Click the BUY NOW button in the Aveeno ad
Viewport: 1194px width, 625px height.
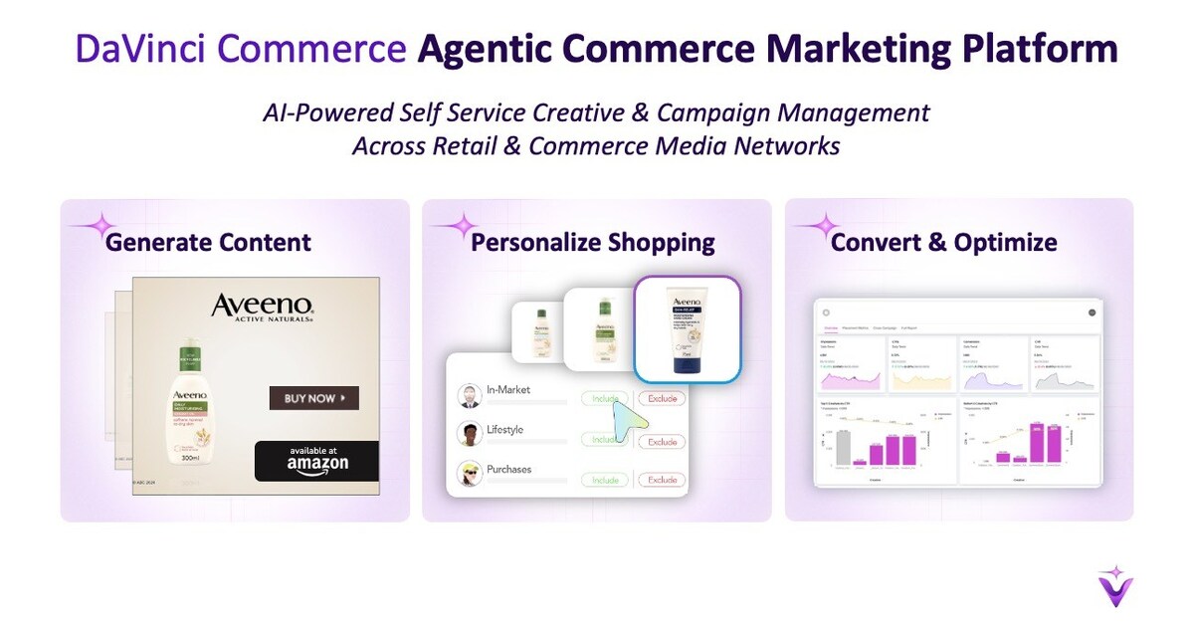click(x=313, y=398)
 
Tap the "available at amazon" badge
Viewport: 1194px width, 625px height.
click(x=316, y=460)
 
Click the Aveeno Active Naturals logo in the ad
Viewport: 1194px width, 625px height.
click(x=263, y=309)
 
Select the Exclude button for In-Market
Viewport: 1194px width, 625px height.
click(x=662, y=398)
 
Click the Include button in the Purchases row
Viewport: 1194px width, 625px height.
click(x=605, y=480)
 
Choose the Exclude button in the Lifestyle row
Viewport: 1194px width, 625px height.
click(x=662, y=441)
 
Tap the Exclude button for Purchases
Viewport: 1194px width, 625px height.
click(x=662, y=480)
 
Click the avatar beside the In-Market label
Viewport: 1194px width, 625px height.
click(x=470, y=396)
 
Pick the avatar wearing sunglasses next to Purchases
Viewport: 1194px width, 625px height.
click(x=470, y=474)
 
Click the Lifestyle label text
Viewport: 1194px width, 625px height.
click(x=504, y=430)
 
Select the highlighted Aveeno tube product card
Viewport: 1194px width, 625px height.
click(x=689, y=328)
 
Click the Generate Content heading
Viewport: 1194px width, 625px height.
click(x=208, y=242)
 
